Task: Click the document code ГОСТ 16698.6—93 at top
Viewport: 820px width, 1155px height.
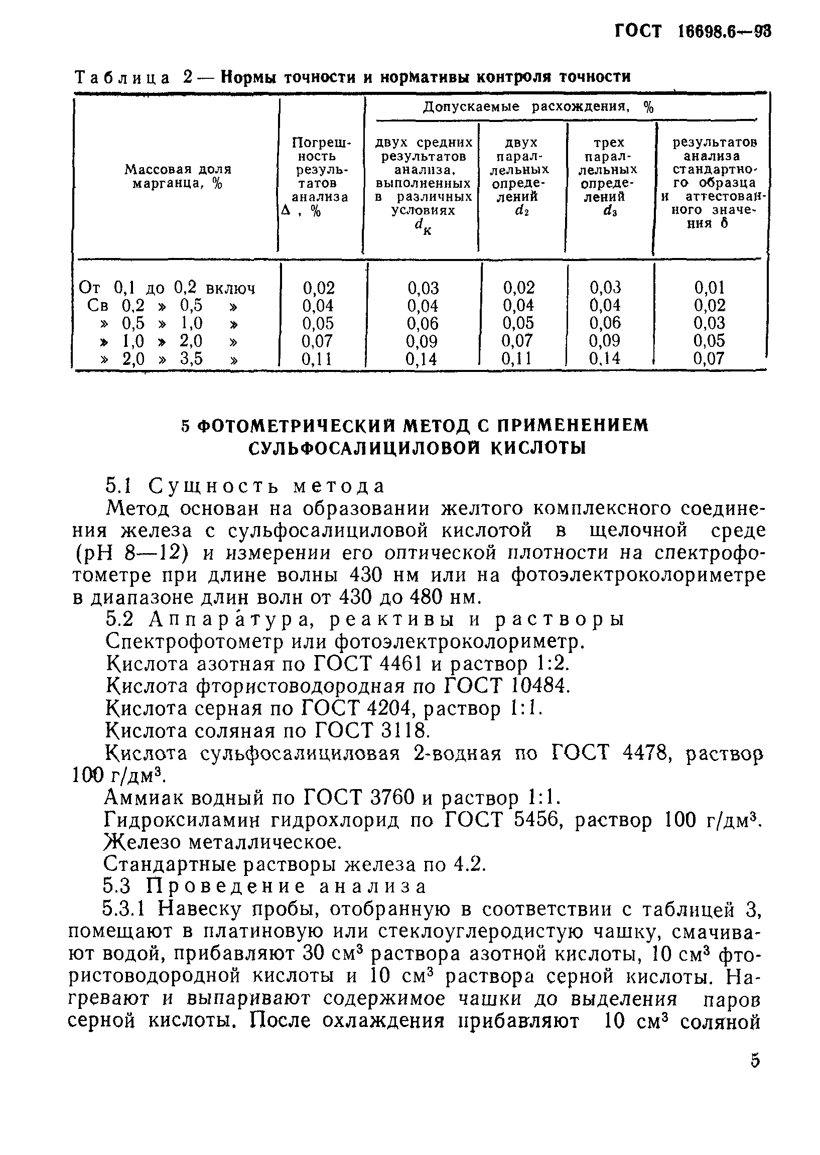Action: (693, 32)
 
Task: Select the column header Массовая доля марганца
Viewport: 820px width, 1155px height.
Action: (177, 176)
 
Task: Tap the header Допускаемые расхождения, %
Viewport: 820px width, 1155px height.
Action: (538, 107)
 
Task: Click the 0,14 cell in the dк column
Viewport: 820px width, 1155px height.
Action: (422, 358)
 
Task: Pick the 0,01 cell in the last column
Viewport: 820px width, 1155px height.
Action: (710, 288)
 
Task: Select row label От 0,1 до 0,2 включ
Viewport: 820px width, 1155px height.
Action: (167, 288)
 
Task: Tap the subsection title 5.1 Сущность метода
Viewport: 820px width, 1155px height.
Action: (245, 486)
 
